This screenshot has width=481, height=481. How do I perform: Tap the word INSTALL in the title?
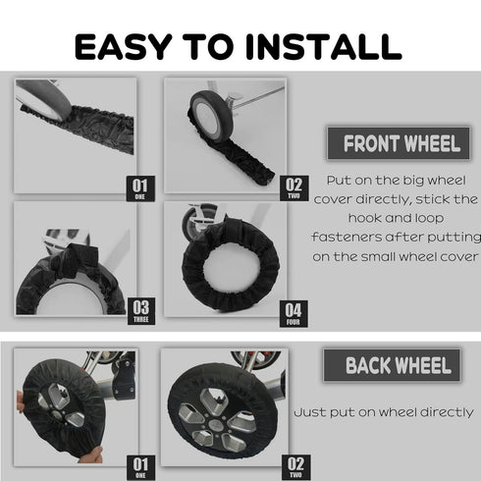pyautogui.click(x=324, y=46)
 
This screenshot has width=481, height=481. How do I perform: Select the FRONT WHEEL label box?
pyautogui.click(x=399, y=143)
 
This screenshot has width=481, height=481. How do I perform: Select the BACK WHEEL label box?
pyautogui.click(x=392, y=365)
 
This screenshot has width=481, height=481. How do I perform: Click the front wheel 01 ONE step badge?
pyautogui.click(x=140, y=188)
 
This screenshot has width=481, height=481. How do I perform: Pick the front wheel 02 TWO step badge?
pyautogui.click(x=294, y=188)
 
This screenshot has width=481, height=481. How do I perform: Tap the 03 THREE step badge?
pyautogui.click(x=141, y=311)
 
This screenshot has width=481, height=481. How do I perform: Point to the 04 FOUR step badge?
pyautogui.click(x=294, y=313)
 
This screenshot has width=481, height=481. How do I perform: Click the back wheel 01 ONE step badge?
pyautogui.click(x=140, y=467)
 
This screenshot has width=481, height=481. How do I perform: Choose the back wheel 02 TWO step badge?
pyautogui.click(x=295, y=467)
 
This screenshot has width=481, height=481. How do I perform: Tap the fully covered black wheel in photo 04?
pyautogui.click(x=231, y=265)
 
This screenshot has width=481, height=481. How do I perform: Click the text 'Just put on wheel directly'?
pyautogui.click(x=384, y=412)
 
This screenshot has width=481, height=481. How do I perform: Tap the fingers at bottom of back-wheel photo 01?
pyautogui.click(x=91, y=454)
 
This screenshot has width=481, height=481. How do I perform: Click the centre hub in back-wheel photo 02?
pyautogui.click(x=214, y=424)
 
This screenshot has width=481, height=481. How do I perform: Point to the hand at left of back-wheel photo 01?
pyautogui.click(x=21, y=402)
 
